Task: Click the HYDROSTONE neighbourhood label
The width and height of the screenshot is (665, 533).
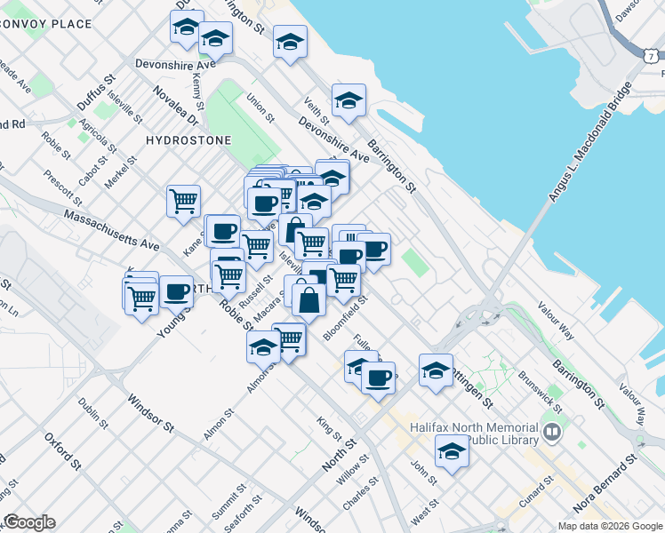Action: (188, 140)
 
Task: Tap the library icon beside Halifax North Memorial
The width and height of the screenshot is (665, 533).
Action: (552, 434)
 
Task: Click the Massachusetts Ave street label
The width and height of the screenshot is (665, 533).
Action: (111, 229)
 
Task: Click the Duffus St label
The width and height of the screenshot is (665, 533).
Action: (96, 92)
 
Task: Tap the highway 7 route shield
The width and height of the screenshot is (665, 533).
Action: (652, 55)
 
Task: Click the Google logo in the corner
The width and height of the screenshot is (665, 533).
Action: (29, 522)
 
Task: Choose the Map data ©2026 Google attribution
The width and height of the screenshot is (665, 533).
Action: (610, 526)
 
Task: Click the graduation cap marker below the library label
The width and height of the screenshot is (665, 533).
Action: (452, 453)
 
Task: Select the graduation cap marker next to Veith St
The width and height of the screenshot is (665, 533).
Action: (349, 102)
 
